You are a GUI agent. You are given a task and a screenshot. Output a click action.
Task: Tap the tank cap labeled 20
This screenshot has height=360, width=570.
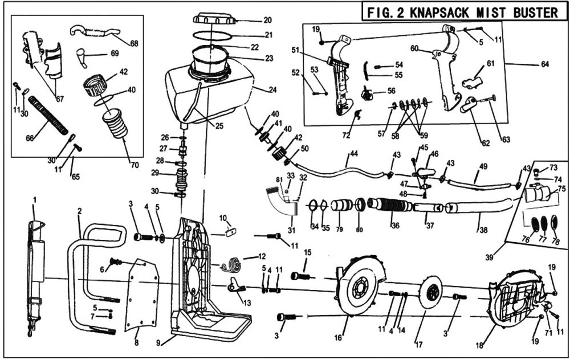215,19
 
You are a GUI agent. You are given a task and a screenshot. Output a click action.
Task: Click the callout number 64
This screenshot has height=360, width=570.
545,64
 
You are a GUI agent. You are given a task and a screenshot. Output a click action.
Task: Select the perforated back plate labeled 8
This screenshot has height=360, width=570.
141,295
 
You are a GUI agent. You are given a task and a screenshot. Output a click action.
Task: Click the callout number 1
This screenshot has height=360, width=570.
34,200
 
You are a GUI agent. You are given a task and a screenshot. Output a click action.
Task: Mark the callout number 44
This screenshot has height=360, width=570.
353,154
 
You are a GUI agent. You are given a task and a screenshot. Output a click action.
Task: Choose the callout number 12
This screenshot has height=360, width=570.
262,257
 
